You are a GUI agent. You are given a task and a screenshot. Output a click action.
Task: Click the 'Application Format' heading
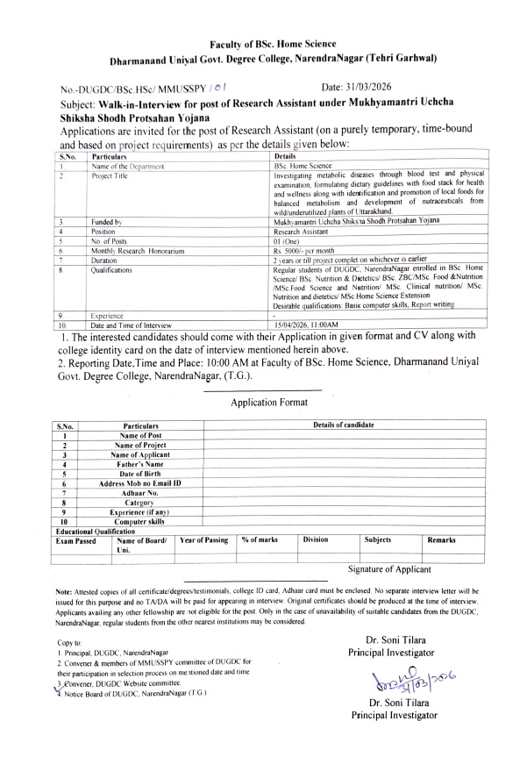tap(269, 403)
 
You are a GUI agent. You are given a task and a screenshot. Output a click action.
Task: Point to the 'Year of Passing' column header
tap(203, 540)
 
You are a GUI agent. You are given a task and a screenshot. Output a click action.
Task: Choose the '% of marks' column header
tap(260, 540)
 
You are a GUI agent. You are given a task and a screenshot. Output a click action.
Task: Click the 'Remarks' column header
tap(441, 540)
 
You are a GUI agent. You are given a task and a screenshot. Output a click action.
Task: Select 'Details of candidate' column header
tap(338, 425)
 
